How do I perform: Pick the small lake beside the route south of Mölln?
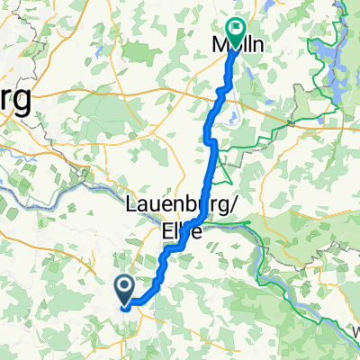[232, 114]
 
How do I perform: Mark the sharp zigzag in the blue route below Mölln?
[221, 91]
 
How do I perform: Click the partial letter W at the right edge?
[355, 333]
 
